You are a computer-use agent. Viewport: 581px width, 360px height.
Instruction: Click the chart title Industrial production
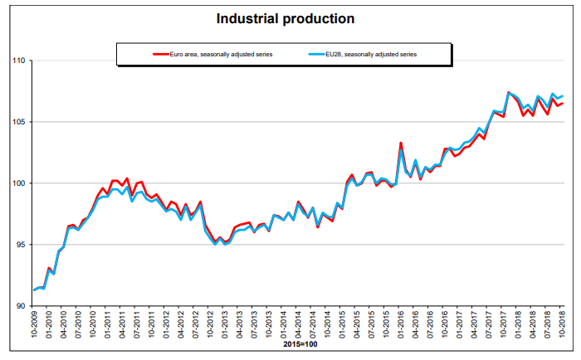(x=286, y=18)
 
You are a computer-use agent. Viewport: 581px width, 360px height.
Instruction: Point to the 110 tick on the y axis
(x=19, y=61)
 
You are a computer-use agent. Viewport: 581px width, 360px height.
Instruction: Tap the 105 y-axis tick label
(x=19, y=122)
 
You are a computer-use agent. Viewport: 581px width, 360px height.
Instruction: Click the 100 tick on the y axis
(x=19, y=183)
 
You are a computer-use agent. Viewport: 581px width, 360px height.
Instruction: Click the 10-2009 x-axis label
(x=35, y=326)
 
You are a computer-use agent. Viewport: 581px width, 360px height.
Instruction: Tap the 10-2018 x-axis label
(x=563, y=326)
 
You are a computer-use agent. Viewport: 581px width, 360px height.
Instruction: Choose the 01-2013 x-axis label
(x=226, y=326)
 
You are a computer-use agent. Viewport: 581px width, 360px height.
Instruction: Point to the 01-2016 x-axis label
(x=401, y=326)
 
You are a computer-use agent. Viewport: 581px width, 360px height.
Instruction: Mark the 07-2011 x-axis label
(x=138, y=326)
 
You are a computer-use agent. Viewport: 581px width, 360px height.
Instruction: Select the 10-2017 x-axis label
(x=504, y=326)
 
